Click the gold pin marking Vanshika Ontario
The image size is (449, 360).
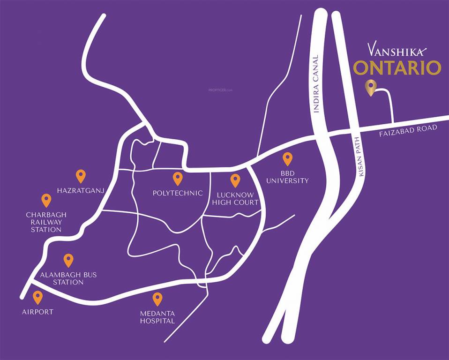[371, 87]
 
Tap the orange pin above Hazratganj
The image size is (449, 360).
[81, 176]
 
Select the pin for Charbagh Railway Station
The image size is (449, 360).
[46, 200]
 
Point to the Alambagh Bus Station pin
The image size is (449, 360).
[68, 260]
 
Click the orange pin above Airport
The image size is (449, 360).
[37, 297]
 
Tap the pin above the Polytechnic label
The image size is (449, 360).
[178, 178]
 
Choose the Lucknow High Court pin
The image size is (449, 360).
[235, 180]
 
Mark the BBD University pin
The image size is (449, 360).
[287, 159]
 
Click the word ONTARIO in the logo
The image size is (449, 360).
[397, 68]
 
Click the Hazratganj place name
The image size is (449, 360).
[80, 190]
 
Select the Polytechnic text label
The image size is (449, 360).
[178, 193]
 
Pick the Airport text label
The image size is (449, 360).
[37, 312]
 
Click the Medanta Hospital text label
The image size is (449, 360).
[157, 317]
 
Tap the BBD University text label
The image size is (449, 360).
[287, 177]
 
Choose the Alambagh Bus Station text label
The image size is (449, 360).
[68, 278]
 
